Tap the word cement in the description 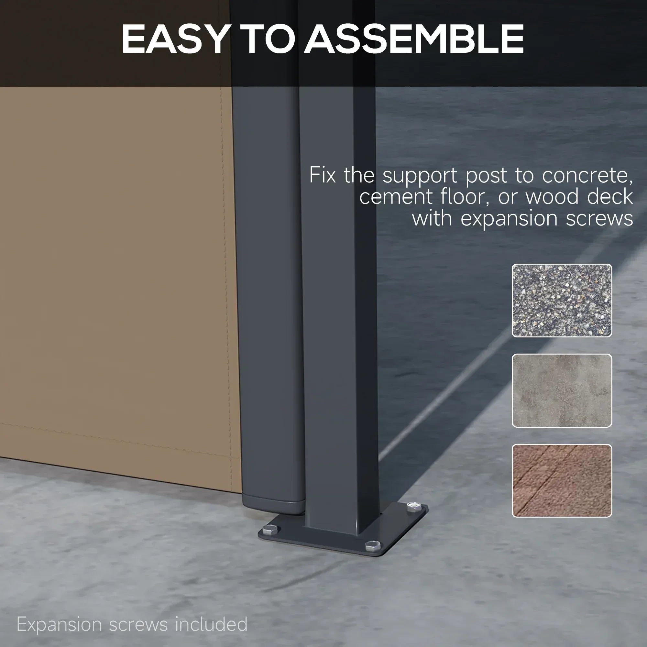396,197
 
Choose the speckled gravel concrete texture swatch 562,301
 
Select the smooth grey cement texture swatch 562,390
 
